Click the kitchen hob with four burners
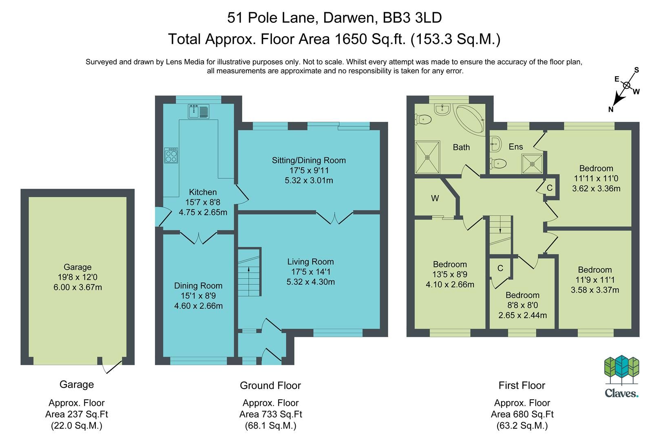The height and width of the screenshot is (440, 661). (x=171, y=155)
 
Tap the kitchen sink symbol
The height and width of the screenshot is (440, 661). (x=199, y=111)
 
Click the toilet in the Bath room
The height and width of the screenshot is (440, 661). (x=423, y=119)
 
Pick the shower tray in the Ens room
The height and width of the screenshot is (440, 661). (x=532, y=164)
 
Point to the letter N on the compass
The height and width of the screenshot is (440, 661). (x=610, y=109)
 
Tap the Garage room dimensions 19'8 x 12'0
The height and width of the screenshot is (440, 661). (x=77, y=277)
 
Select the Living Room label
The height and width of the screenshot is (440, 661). (x=310, y=262)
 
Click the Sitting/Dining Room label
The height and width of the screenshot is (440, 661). (x=309, y=160)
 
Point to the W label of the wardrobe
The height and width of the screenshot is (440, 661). (x=435, y=198)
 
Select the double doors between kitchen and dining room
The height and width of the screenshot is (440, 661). (x=199, y=238)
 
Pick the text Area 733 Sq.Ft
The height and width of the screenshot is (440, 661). (x=270, y=414)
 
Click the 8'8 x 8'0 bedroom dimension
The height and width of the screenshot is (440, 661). (x=522, y=305)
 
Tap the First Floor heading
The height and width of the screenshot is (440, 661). (x=522, y=385)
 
